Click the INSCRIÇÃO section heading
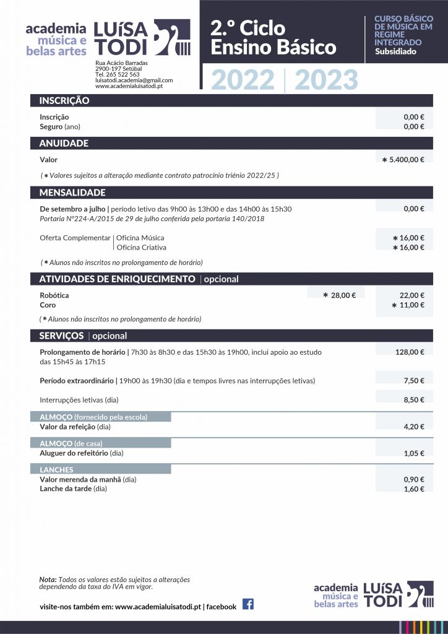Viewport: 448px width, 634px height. pyautogui.click(x=64, y=101)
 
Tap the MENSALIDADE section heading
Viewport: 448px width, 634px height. pyautogui.click(x=72, y=193)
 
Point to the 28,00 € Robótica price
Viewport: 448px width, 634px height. pyautogui.click(x=339, y=295)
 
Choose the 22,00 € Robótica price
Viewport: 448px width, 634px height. pyautogui.click(x=412, y=295)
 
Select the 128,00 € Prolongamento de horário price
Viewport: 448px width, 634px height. pyautogui.click(x=410, y=352)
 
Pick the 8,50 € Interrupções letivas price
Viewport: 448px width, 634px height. pyautogui.click(x=413, y=400)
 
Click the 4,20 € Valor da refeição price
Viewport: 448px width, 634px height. pyautogui.click(x=413, y=427)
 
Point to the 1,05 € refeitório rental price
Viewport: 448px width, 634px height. pyautogui.click(x=413, y=453)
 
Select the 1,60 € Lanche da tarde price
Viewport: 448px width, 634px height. pyautogui.click(x=413, y=489)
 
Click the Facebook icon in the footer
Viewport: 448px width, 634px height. pyautogui.click(x=248, y=604)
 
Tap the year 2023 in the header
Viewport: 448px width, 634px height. pyautogui.click(x=326, y=80)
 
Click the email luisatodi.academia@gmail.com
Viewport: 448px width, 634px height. pyautogui.click(x=134, y=80)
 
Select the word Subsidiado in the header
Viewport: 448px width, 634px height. pyautogui.click(x=395, y=51)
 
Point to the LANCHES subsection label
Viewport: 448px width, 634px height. pyautogui.click(x=56, y=470)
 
